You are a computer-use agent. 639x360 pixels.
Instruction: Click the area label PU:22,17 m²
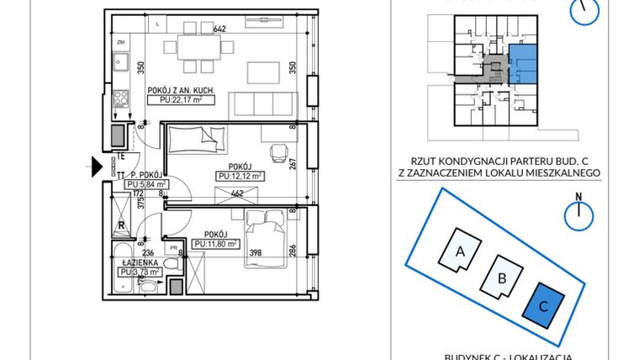[x=182, y=99]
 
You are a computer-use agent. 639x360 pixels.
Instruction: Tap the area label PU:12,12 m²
[x=240, y=176]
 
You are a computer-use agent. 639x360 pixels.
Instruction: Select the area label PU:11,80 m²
[x=214, y=244]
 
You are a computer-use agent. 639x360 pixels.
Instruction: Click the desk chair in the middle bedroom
[x=279, y=151]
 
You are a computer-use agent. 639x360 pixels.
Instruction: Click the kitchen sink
[x=121, y=61]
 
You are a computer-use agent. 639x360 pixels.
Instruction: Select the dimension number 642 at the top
[x=220, y=29]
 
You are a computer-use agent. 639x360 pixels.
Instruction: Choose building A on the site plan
[x=461, y=249]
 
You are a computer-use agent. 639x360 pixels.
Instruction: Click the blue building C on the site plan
[x=544, y=305]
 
